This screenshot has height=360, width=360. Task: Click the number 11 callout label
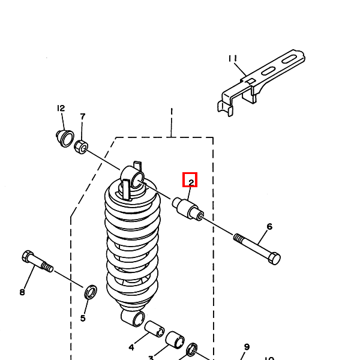pyautogui.click(x=233, y=59)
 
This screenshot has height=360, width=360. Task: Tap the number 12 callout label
pyautogui.click(x=61, y=109)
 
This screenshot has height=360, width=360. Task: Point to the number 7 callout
pyautogui.click(x=83, y=116)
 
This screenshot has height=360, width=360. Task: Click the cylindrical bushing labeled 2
pyautogui.click(x=188, y=209)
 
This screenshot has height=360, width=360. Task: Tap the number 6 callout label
pyautogui.click(x=269, y=227)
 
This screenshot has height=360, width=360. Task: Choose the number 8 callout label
pyautogui.click(x=22, y=292)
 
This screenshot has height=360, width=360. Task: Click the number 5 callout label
pyautogui.click(x=83, y=317)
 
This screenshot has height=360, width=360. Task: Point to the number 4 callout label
pyautogui.click(x=131, y=347)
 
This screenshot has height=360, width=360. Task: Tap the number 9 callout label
pyautogui.click(x=247, y=347)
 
